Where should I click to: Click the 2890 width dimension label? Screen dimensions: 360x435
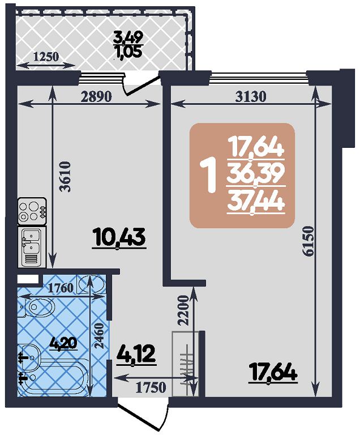point(96,96)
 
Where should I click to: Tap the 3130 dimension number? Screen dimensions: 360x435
point(250,96)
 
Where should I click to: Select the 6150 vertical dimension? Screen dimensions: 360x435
point(308,241)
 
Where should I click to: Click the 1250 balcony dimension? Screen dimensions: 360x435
point(46,57)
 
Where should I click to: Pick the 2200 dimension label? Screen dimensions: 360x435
point(183,310)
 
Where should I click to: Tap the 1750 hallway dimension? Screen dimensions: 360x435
point(151,387)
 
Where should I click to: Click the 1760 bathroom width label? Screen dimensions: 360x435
point(61,288)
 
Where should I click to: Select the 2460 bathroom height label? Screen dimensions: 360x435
point(98,335)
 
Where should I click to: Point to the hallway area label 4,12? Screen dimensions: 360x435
point(136,355)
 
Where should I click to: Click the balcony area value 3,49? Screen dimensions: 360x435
point(128,37)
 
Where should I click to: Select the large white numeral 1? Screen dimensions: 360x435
point(210,175)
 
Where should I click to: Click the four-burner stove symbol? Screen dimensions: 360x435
point(32,211)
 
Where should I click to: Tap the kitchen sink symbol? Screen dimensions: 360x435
point(32,247)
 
